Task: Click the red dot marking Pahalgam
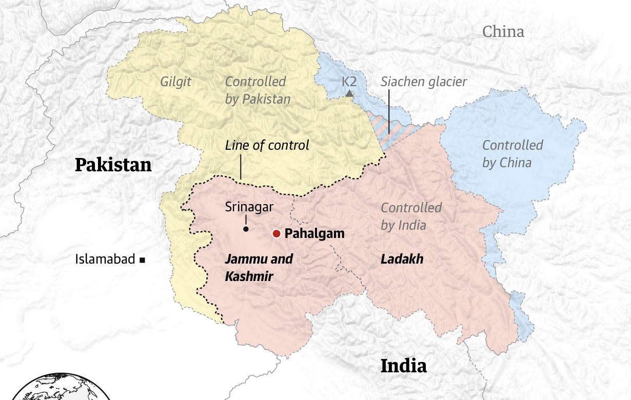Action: click(276, 234)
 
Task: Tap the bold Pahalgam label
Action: click(314, 234)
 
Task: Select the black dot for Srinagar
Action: click(246, 229)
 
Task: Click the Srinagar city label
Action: click(249, 207)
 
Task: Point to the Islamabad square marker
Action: click(143, 260)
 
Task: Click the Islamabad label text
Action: click(105, 259)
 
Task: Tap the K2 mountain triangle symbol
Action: click(349, 93)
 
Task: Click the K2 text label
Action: click(349, 82)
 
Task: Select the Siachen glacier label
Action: click(424, 82)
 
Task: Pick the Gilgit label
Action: click(175, 82)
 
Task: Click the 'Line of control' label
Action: click(267, 146)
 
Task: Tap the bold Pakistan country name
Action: click(113, 165)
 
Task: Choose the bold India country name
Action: click(403, 366)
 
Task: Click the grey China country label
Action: click(503, 32)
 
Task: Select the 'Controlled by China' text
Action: click(512, 154)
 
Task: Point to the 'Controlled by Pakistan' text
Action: click(258, 90)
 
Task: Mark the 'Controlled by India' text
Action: click(411, 216)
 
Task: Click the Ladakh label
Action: click(402, 259)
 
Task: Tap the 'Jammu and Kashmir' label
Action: click(259, 267)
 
